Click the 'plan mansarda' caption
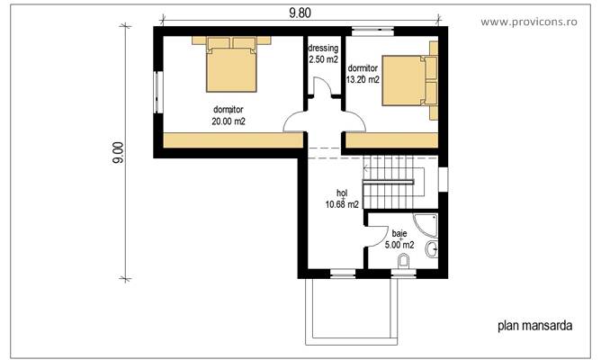[534, 326]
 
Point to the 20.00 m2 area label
[228, 121]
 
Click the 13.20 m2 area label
[363, 79]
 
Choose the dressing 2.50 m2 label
[323, 54]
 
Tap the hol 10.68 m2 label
[342, 199]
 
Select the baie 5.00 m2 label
[399, 239]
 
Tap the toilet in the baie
[404, 262]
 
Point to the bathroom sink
[433, 249]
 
